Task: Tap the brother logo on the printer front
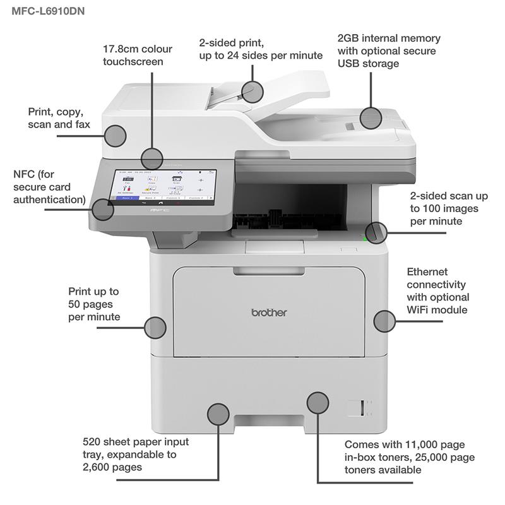point(270,312)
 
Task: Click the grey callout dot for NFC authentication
point(103,209)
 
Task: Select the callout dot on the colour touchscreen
point(152,158)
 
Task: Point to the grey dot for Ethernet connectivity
point(384,321)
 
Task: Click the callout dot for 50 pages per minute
point(155,327)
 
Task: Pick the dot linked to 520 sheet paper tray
point(218,413)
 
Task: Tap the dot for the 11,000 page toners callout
point(318,402)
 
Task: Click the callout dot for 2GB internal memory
point(371,117)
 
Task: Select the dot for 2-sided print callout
point(252,92)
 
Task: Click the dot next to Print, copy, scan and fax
point(116,135)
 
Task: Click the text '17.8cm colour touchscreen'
point(138,55)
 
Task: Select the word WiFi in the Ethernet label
point(420,309)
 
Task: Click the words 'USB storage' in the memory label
point(368,64)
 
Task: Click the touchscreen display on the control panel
point(164,184)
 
